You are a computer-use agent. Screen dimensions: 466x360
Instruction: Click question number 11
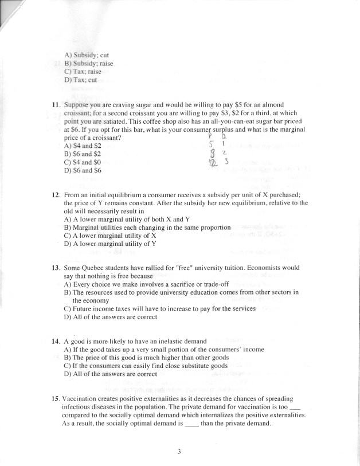[x=56, y=105]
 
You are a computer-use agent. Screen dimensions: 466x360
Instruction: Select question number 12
[x=56, y=195]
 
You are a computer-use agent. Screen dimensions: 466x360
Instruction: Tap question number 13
[x=56, y=268]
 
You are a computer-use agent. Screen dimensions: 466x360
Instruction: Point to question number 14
[x=56, y=341]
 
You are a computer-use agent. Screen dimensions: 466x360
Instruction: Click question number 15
[x=56, y=398]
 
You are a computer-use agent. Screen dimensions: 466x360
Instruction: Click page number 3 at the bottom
[x=179, y=451]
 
